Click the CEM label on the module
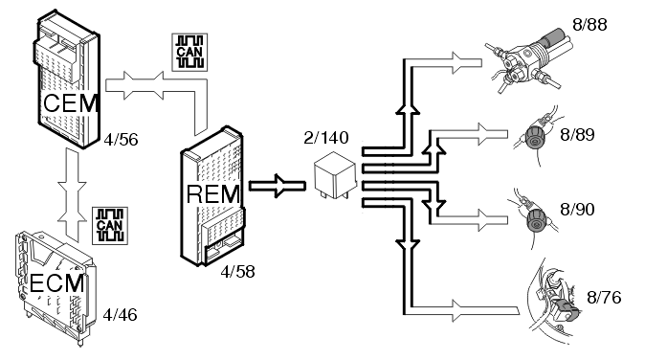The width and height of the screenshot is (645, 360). point(71,103)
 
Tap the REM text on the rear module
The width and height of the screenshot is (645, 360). point(213,193)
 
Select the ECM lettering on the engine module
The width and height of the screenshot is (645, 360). point(57,283)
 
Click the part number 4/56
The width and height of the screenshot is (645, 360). point(121,140)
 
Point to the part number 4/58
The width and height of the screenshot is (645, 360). point(237,272)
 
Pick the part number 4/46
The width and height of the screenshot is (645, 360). point(120,315)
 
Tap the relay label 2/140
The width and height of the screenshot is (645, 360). point(326,138)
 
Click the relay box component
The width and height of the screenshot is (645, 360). point(335,175)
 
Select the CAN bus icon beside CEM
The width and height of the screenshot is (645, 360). point(189,53)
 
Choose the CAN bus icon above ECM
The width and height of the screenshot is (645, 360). point(110,226)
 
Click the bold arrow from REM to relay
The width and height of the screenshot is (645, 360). point(278,186)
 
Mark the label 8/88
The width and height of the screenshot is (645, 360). point(589,25)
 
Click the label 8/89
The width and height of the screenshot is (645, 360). point(578,135)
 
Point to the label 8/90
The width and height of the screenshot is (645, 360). point(578,210)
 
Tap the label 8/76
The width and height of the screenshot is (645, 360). point(604,298)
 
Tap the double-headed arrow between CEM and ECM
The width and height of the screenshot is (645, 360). point(73,193)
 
